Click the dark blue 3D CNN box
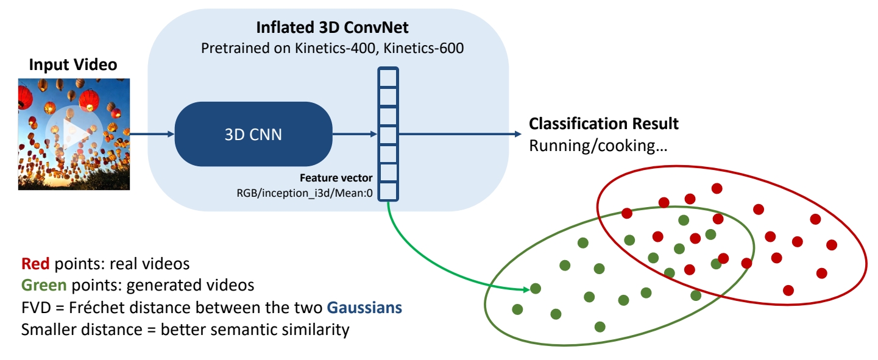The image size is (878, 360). [x=253, y=135]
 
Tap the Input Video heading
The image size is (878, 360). [x=73, y=65]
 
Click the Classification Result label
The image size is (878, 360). [x=603, y=124]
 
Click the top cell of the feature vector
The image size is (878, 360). [x=388, y=77]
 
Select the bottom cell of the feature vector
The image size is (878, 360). [x=388, y=192]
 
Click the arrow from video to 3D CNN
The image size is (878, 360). [x=152, y=134]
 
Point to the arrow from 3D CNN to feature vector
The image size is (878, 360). [x=353, y=134]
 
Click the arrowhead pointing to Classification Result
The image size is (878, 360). [x=517, y=134]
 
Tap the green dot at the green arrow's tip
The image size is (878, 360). [x=536, y=289]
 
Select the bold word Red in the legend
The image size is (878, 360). [x=36, y=264]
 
